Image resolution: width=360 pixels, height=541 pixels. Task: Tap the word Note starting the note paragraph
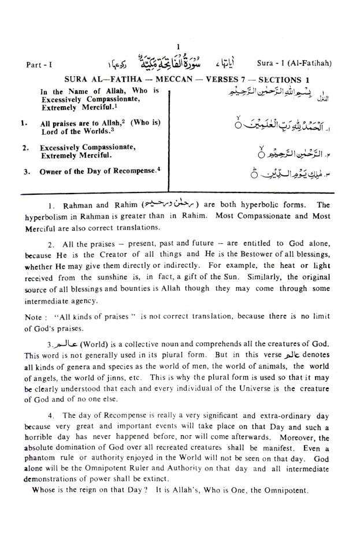[x=34, y=318]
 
